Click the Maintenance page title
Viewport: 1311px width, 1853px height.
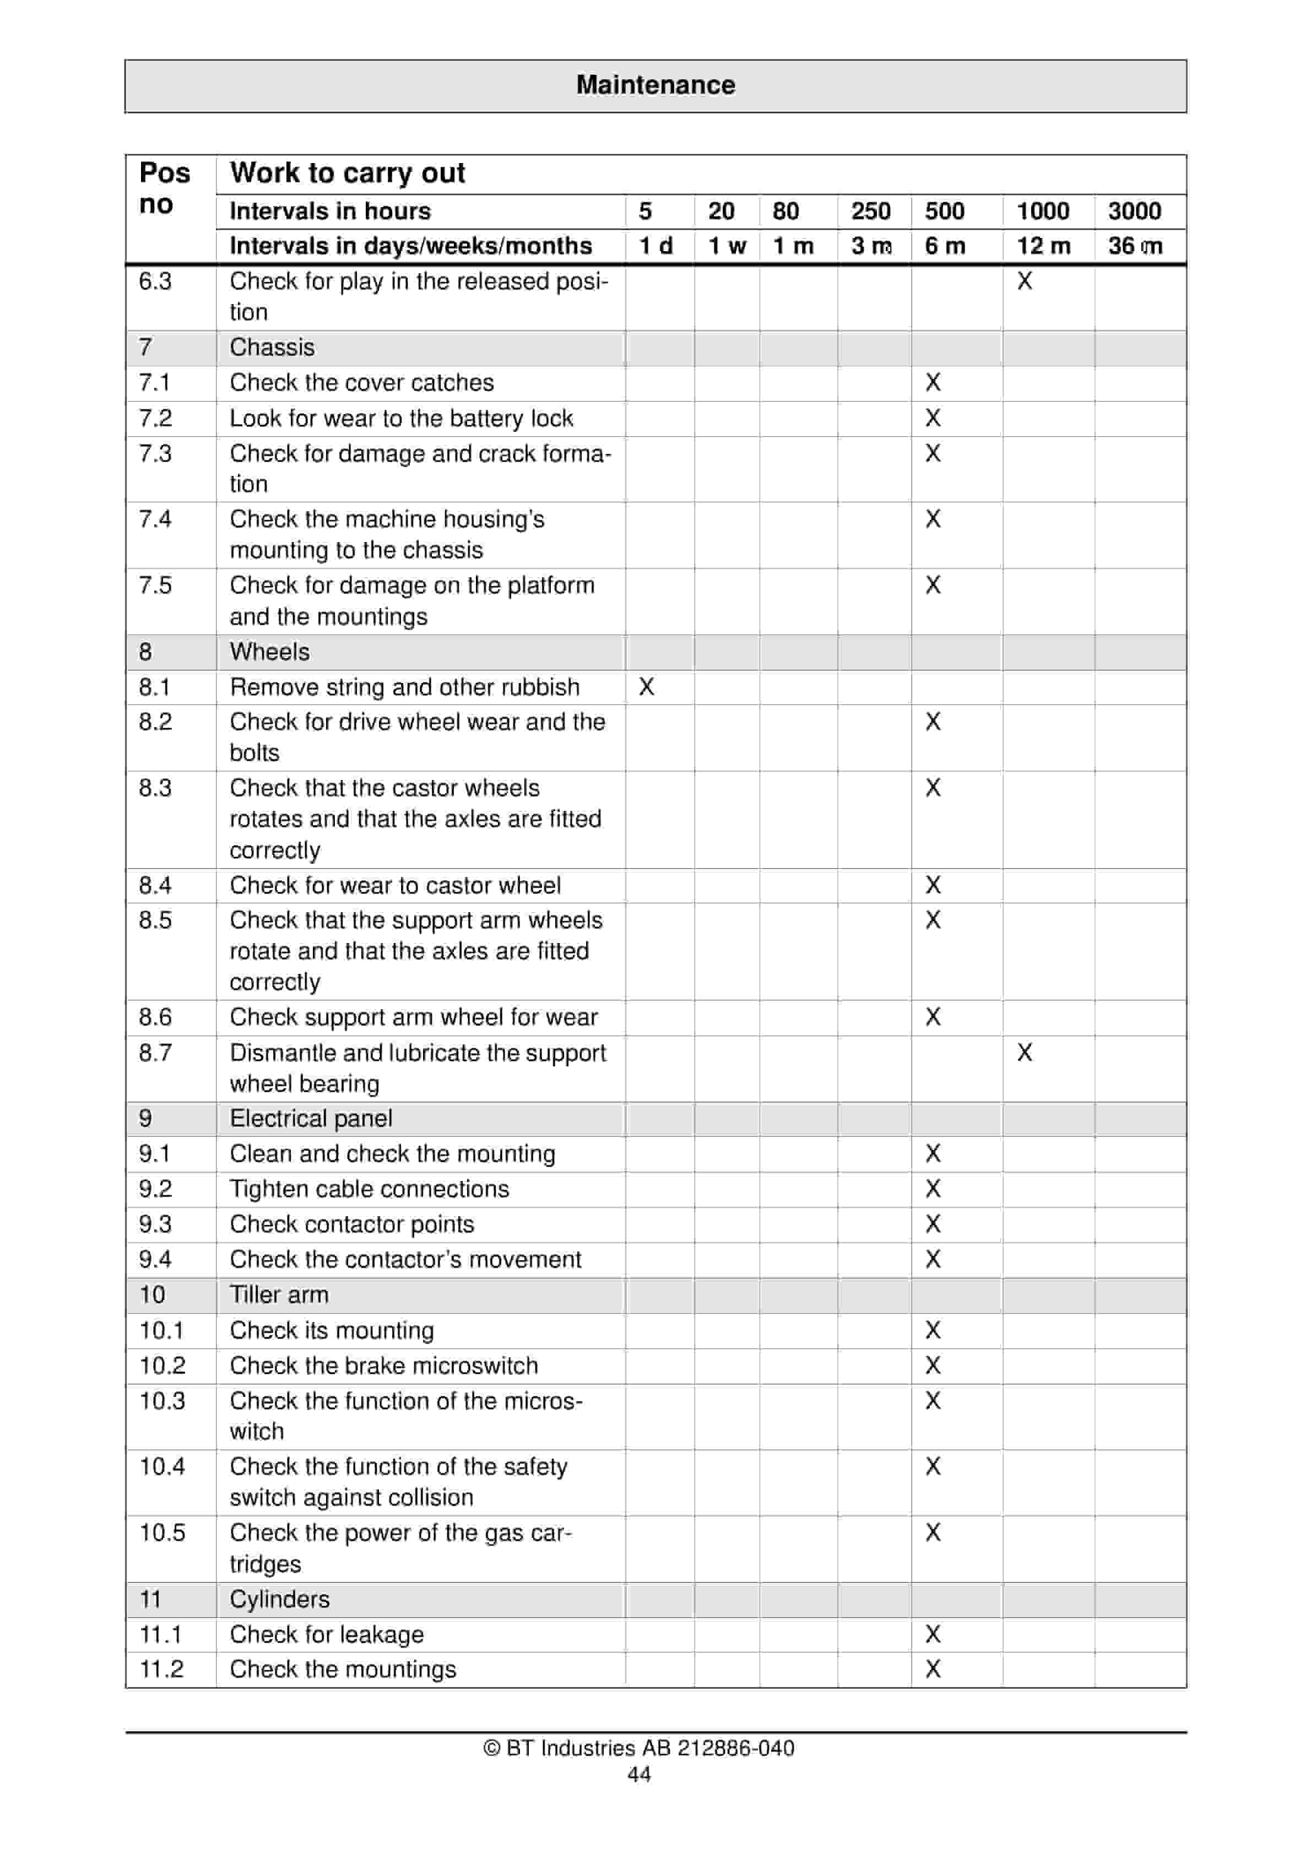click(655, 85)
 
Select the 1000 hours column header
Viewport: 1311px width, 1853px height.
click(1042, 212)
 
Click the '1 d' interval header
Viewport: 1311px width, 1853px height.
click(655, 246)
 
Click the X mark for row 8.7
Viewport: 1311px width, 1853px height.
click(1025, 1053)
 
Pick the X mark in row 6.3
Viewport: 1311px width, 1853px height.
click(1025, 281)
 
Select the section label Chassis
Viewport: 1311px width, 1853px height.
click(272, 347)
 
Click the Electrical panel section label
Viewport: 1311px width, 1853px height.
click(311, 1119)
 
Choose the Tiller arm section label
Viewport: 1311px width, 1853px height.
click(279, 1294)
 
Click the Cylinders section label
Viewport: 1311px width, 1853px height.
click(279, 1599)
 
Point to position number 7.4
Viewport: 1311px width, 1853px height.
click(155, 519)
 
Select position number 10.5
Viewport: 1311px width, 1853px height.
click(162, 1532)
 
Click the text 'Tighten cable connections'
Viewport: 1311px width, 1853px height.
click(369, 1189)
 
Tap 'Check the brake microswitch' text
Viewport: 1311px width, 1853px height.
click(383, 1366)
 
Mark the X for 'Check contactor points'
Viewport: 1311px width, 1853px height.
click(933, 1225)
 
